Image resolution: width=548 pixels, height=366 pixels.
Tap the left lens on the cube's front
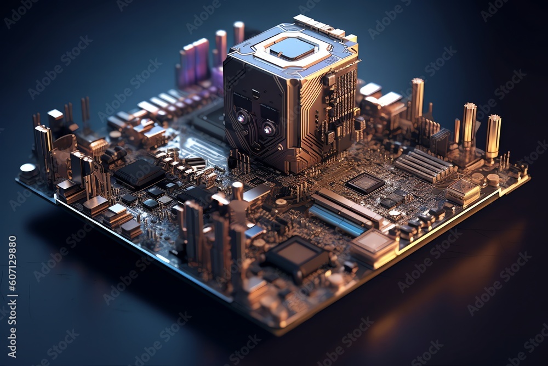click(242, 117)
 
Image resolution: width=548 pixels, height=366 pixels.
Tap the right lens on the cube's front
click(268, 129)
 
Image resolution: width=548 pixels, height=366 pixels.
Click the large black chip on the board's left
click(139, 174)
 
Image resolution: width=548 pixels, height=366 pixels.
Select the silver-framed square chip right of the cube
click(365, 183)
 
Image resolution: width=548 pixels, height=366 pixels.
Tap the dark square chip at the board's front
click(297, 255)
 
